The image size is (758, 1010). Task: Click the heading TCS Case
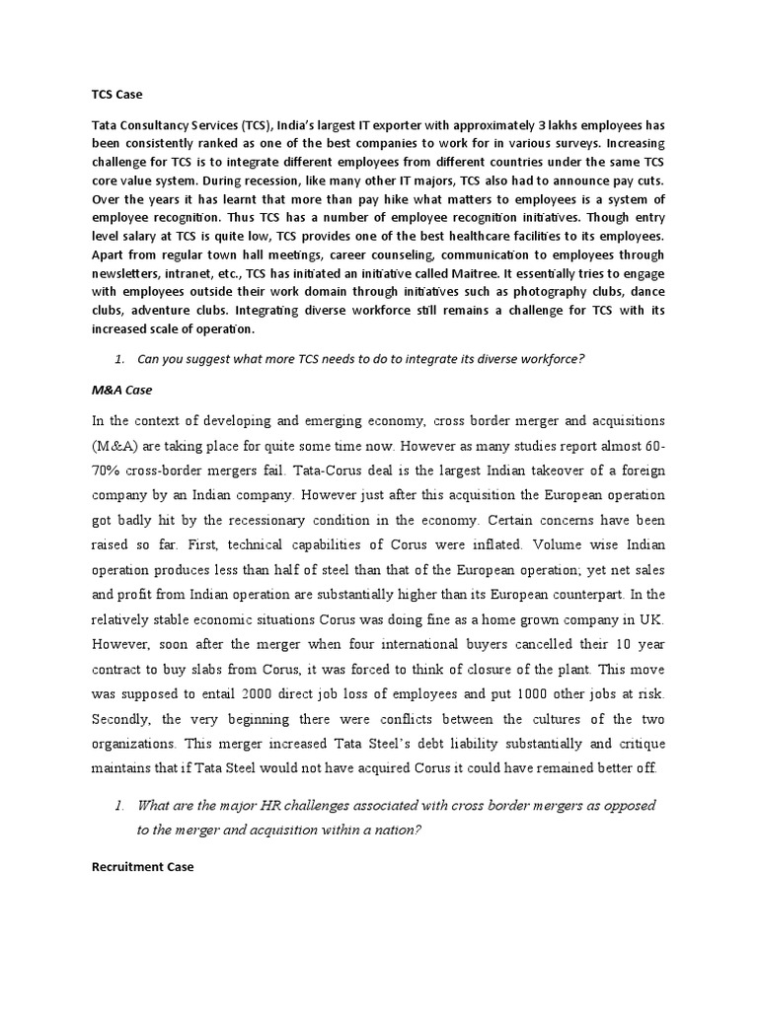point(116,95)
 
